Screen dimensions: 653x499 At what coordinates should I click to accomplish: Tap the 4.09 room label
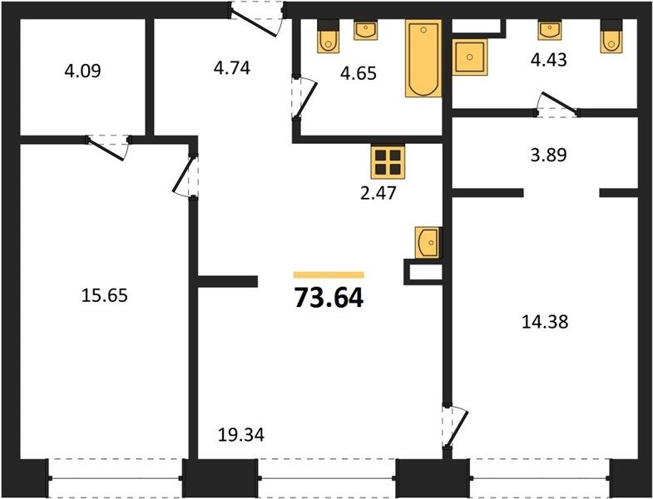tap(82, 71)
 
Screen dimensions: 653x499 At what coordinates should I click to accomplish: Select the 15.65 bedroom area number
tap(104, 296)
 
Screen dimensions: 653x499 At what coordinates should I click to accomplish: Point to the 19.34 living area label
tap(241, 435)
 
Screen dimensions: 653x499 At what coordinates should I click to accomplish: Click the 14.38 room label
tap(545, 322)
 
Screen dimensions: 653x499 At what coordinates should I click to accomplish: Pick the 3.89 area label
tap(548, 155)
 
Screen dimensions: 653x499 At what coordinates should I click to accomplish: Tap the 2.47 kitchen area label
tap(378, 194)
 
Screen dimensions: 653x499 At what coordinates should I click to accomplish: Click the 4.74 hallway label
tap(231, 68)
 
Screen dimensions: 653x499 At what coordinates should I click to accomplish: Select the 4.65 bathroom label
tap(359, 73)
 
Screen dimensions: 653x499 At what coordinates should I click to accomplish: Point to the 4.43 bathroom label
tap(548, 60)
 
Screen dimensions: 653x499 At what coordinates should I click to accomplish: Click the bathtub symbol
tap(423, 58)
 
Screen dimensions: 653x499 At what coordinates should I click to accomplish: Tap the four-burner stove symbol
tap(388, 161)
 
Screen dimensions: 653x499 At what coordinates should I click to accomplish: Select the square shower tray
tap(469, 57)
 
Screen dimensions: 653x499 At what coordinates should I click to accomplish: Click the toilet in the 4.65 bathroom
tap(329, 37)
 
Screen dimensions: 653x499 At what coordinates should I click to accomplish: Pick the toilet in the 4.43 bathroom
tap(611, 37)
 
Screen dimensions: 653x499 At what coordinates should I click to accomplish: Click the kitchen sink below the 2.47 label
tap(428, 242)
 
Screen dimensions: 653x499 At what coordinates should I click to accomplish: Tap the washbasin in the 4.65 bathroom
tap(366, 30)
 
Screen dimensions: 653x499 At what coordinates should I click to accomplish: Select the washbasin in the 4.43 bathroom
tap(550, 30)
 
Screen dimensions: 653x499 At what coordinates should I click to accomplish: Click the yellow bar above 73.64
tap(329, 275)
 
